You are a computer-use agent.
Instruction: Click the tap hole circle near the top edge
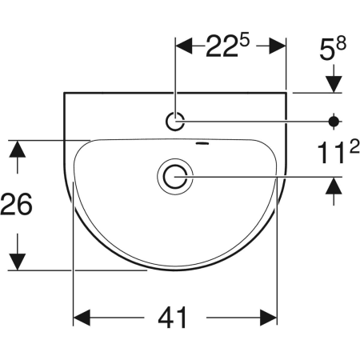tap(175, 113)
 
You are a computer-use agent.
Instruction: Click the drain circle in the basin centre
tap(175, 168)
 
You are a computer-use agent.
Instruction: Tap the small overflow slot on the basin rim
tap(202, 144)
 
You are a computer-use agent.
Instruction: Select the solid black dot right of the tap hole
tap(334, 122)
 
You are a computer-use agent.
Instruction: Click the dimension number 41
tap(173, 318)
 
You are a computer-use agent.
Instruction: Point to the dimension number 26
tap(16, 204)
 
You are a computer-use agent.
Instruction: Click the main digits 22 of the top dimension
tap(222, 46)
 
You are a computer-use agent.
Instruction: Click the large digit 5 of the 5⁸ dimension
tap(327, 50)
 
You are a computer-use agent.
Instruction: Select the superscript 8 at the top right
tap(341, 43)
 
